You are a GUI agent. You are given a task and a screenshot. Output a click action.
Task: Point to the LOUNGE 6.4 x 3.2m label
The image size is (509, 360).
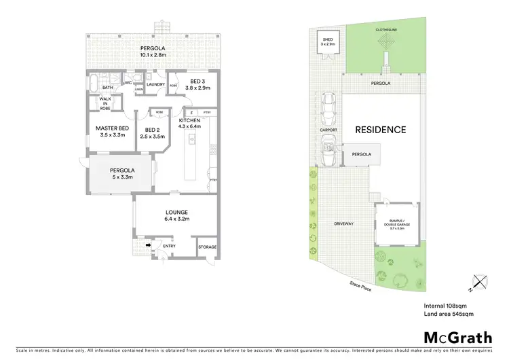pyautogui.click(x=176, y=215)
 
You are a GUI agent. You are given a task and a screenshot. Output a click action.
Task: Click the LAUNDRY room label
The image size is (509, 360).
pyautogui.click(x=156, y=84)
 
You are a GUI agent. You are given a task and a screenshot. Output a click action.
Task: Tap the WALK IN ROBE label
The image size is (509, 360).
pyautogui.click(x=105, y=104)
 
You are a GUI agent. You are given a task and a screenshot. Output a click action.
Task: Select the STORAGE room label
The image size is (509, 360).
pyautogui.click(x=207, y=247)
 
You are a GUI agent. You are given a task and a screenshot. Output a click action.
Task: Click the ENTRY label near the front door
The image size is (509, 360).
pyautogui.click(x=168, y=246)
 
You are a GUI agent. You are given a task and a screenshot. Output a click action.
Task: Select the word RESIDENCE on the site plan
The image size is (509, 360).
pyautogui.click(x=379, y=130)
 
